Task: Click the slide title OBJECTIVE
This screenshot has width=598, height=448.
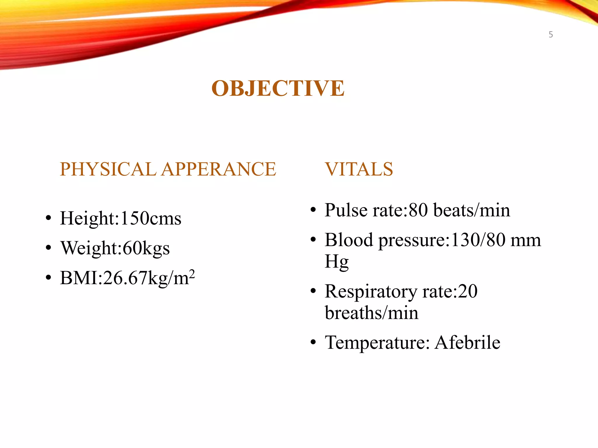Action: click(x=278, y=88)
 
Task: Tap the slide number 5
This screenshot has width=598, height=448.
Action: click(x=551, y=35)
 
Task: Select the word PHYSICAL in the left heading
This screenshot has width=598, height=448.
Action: click(x=108, y=169)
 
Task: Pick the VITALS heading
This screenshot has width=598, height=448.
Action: click(x=359, y=169)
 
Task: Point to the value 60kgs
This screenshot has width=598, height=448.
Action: click(x=146, y=248)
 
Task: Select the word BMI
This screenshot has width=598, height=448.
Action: click(x=79, y=278)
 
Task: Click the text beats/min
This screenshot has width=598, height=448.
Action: click(x=472, y=210)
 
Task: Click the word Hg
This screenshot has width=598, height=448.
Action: click(x=336, y=262)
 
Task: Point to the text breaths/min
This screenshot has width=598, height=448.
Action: click(x=371, y=313)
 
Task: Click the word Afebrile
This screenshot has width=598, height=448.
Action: click(x=467, y=342)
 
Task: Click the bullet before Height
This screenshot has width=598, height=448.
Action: click(x=48, y=218)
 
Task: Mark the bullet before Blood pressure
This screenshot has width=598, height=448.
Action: click(x=313, y=240)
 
